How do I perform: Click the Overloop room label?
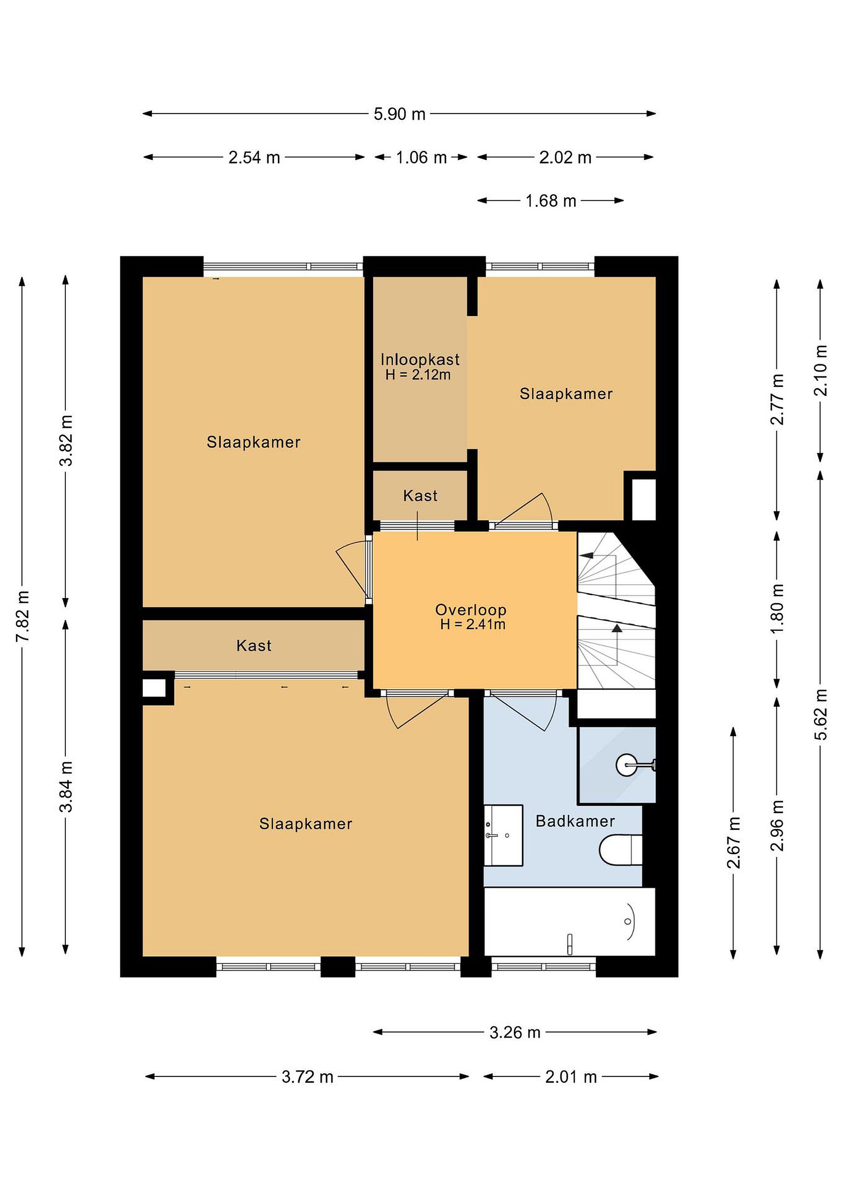[x=470, y=609]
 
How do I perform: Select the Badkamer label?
[x=575, y=821]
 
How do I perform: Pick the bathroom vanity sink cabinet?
[x=503, y=835]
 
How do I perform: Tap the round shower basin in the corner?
[x=626, y=764]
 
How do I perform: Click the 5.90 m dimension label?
[x=399, y=114]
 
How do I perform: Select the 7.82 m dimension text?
[x=22, y=616]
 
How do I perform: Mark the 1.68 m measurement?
[x=551, y=201]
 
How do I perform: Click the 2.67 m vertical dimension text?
[x=734, y=843]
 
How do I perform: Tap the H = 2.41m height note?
[x=472, y=624]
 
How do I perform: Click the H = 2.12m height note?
[x=418, y=375]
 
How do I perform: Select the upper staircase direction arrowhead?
[x=587, y=556]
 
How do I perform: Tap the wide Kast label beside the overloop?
[x=253, y=646]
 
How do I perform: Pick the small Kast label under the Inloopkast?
[x=420, y=496]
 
